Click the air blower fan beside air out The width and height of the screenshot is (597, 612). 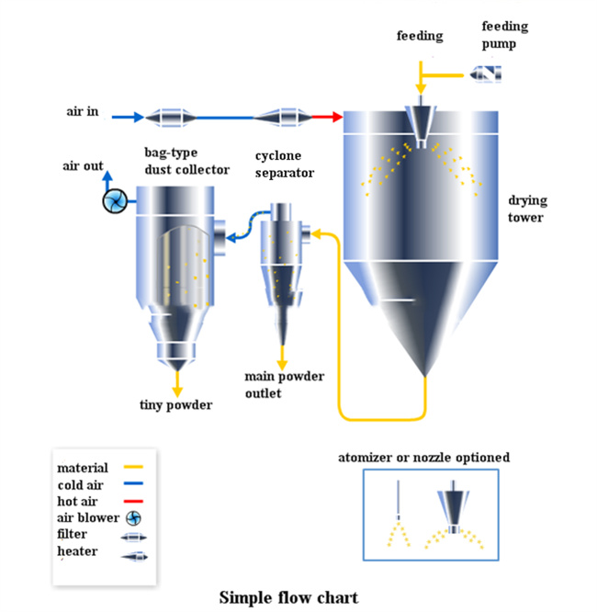[115, 201]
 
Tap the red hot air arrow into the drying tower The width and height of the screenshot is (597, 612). [327, 117]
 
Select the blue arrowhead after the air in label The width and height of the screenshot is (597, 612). [139, 117]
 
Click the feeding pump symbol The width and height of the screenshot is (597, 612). [485, 74]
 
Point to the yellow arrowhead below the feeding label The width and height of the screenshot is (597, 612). [421, 90]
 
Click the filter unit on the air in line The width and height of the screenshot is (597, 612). [171, 118]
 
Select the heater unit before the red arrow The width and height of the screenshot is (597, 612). [283, 118]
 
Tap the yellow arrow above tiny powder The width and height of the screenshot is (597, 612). [177, 384]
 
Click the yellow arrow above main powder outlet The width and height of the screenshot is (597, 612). [282, 357]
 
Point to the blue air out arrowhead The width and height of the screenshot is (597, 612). [107, 176]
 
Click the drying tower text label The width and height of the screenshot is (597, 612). [527, 209]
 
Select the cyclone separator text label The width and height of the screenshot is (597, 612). [285, 164]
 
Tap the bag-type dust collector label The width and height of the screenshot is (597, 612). [186, 161]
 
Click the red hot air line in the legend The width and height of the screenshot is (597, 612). [133, 501]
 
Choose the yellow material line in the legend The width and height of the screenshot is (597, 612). [133, 467]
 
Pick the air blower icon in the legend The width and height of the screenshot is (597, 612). [133, 518]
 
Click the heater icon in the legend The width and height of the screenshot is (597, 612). [134, 556]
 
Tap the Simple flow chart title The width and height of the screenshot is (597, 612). [288, 597]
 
